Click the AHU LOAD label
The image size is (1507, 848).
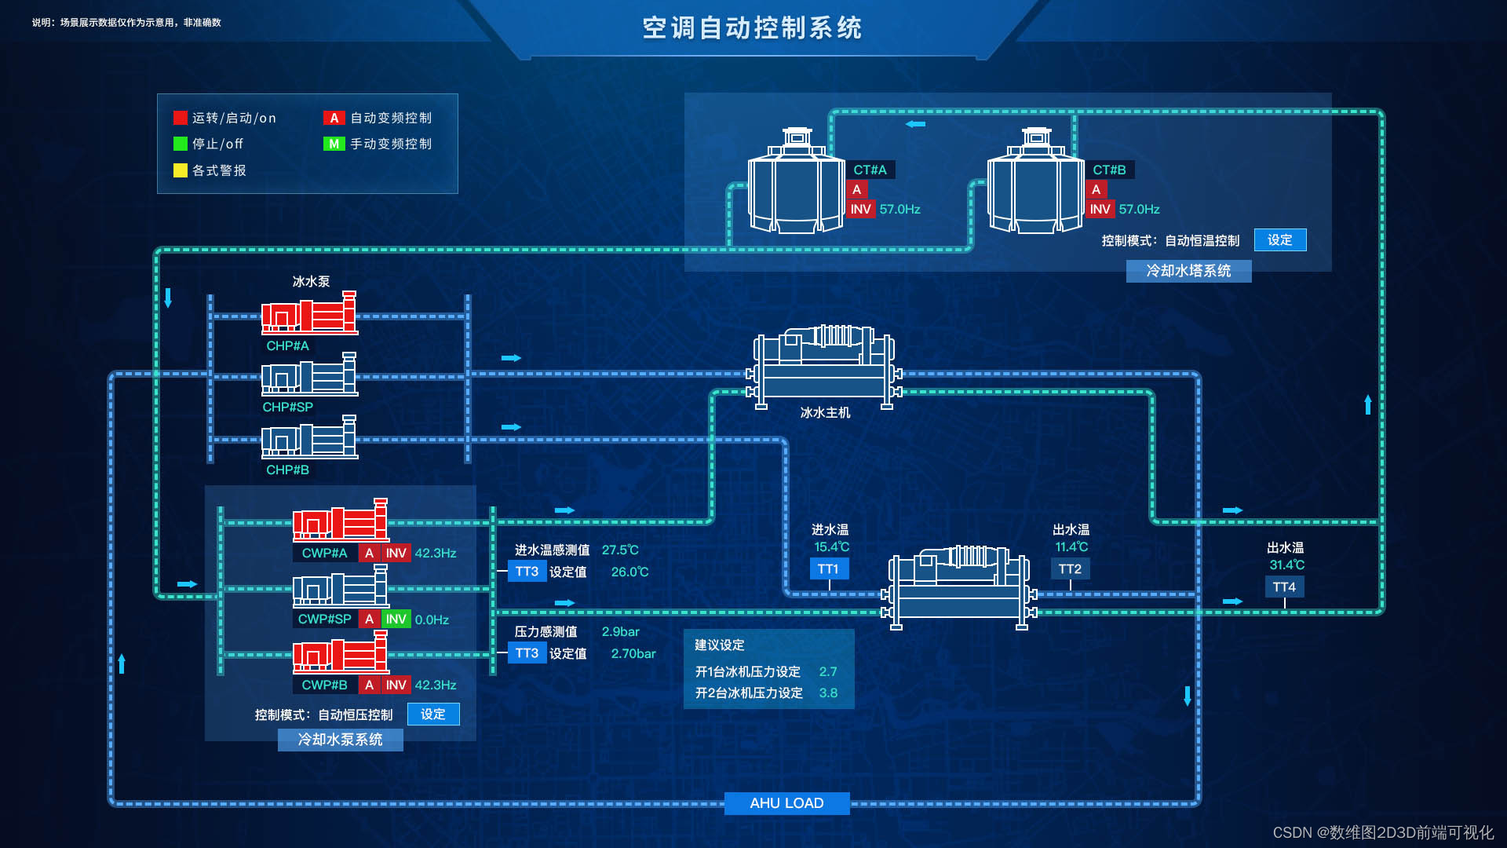[786, 803]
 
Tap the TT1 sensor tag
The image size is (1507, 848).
[828, 569]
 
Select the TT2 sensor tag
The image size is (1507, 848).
[1070, 569]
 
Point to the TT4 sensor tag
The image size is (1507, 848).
[1284, 587]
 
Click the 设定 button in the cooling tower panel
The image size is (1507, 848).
[1280, 240]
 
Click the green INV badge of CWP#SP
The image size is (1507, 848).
[396, 620]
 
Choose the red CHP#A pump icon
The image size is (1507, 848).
[309, 313]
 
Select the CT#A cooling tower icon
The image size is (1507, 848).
[796, 181]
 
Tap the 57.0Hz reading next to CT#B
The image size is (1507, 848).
[1139, 210]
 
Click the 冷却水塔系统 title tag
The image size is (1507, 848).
[1188, 271]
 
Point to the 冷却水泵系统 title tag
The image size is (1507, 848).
[340, 740]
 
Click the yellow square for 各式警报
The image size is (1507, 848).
[181, 170]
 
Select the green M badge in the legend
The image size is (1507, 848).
[334, 144]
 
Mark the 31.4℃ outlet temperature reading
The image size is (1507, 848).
[1287, 565]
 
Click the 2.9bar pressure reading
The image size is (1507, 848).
[621, 632]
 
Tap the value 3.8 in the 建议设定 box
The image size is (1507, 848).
[828, 693]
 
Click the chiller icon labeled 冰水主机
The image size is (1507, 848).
[824, 367]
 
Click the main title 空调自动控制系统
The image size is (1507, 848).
[752, 28]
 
